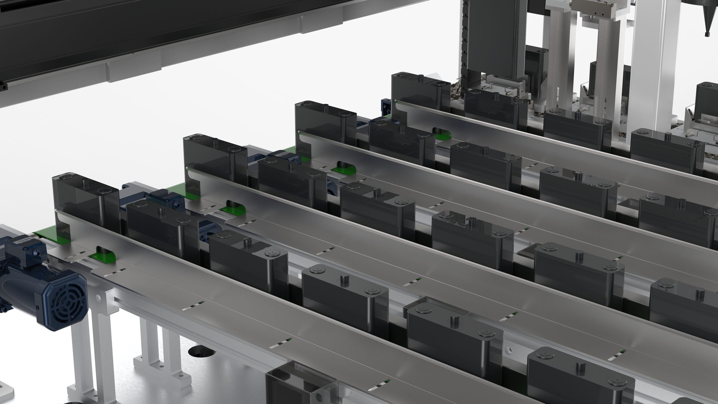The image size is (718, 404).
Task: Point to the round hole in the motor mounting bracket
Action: click(x=98, y=298)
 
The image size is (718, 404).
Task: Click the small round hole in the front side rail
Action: click(x=507, y=351)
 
